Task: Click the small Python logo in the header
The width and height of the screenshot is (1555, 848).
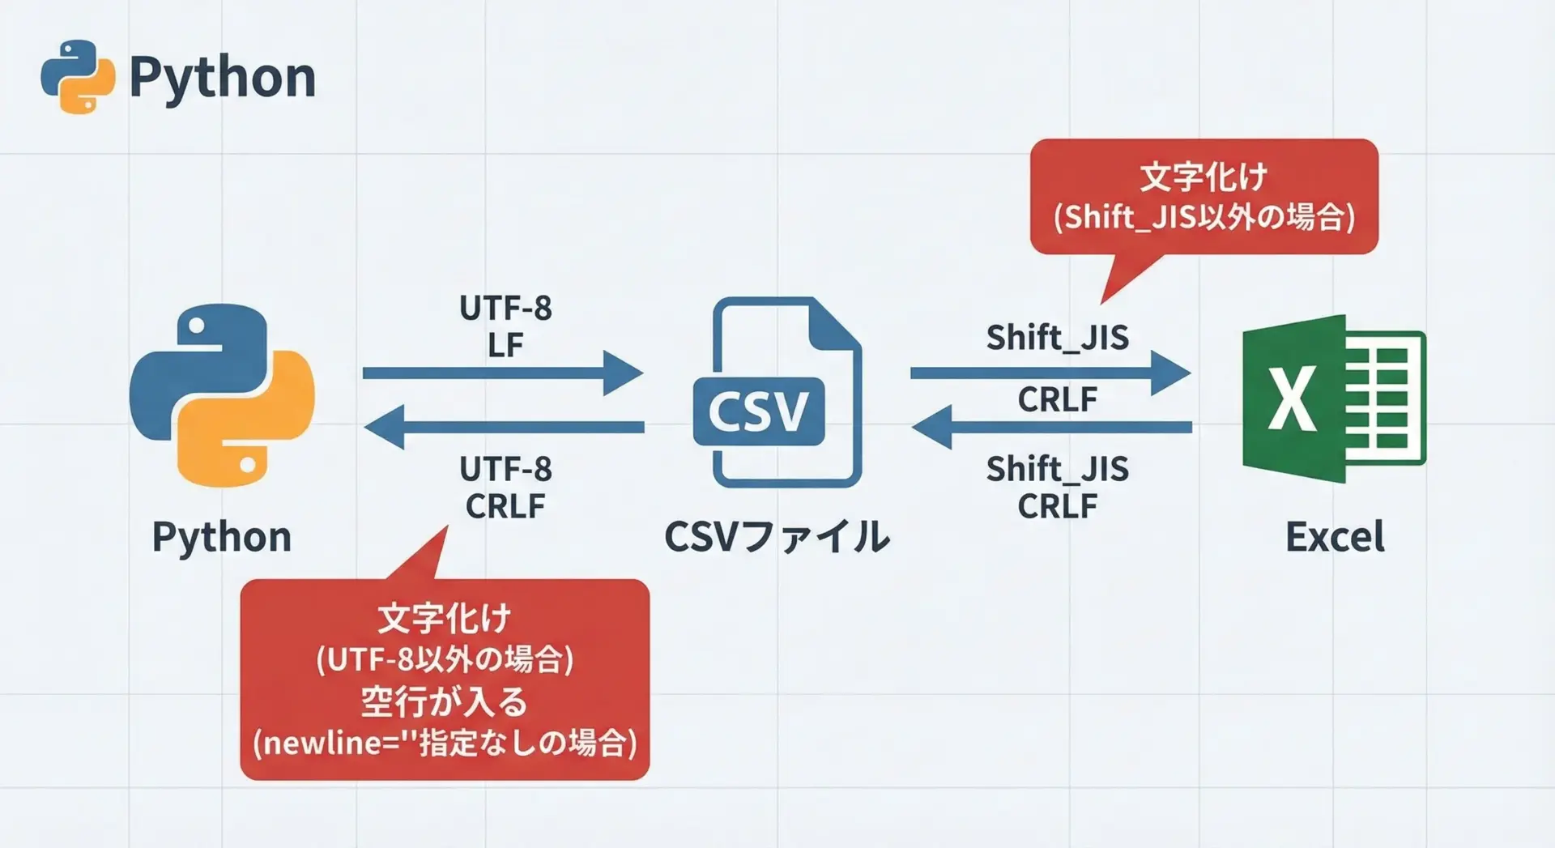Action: [x=78, y=77]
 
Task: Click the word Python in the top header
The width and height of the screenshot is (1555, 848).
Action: [x=222, y=78]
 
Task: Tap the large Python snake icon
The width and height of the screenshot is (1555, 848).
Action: [x=222, y=395]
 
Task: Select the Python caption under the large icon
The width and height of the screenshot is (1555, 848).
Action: [x=222, y=537]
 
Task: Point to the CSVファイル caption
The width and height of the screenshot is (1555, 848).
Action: [x=777, y=537]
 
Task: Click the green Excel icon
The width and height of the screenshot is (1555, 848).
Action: [x=1333, y=398]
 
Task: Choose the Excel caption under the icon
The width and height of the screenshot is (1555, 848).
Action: [x=1335, y=537]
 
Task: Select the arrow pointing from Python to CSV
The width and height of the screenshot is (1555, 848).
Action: [x=502, y=373]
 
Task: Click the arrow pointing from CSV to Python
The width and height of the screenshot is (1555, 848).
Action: [x=502, y=427]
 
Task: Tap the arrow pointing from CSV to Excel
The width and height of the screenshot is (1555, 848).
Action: [x=1050, y=373]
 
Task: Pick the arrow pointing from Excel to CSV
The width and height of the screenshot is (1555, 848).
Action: [x=1051, y=427]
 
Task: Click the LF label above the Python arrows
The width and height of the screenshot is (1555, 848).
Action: [x=505, y=346]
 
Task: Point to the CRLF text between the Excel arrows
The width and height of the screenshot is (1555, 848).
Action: [x=1057, y=399]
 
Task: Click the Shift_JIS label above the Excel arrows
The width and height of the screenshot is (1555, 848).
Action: [x=1057, y=337]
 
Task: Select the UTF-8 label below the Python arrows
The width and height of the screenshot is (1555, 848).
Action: [x=505, y=469]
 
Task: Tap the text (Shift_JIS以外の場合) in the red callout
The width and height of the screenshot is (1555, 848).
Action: [x=1204, y=217]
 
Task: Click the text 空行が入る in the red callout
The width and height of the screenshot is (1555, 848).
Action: [x=444, y=701]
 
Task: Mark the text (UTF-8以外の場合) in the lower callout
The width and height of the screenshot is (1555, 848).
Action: [x=445, y=659]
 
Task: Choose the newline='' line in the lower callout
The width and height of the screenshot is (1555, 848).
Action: [x=445, y=743]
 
